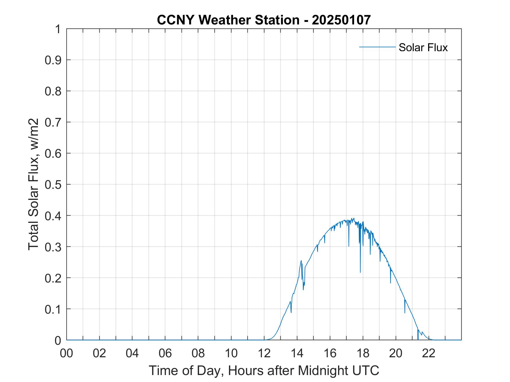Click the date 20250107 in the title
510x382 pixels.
pos(341,20)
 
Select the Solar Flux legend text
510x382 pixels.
pos(423,47)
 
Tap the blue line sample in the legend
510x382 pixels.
pos(377,47)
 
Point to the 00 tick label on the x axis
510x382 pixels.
pos(66,353)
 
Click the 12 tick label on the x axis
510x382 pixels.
pos(264,353)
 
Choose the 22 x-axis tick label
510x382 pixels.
pos(429,353)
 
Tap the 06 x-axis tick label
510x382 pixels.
pos(165,353)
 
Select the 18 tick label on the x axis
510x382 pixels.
pos(363,353)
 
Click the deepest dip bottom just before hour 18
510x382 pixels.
pos(360,272)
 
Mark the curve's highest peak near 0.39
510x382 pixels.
pos(353,218)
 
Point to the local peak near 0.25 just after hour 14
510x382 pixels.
pos(301,261)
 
